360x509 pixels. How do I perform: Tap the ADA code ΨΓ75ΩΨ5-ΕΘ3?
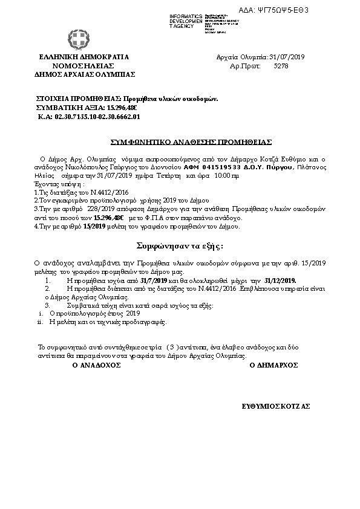pos(317,10)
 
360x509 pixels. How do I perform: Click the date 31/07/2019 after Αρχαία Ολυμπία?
pos(287,57)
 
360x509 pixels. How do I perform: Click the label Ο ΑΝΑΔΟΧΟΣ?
pos(93,365)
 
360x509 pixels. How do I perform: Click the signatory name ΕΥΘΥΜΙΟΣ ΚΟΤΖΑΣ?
pos(275,407)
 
